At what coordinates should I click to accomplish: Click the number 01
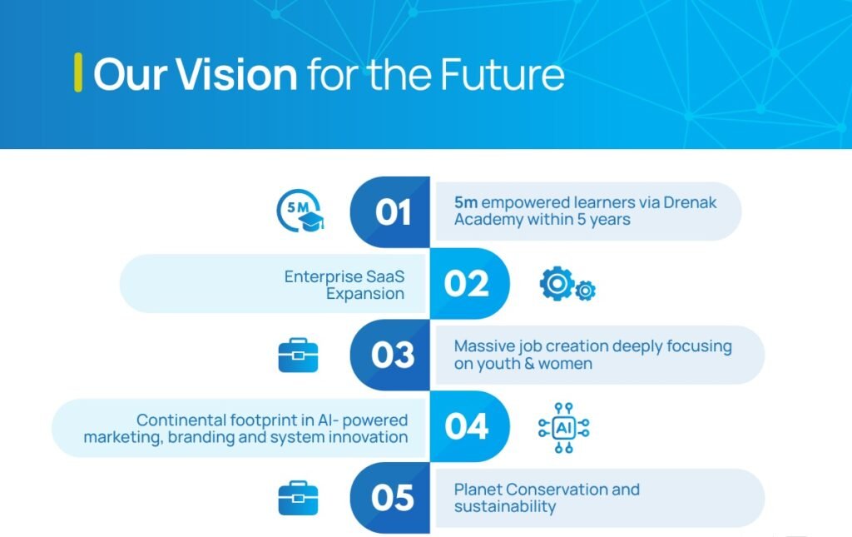(x=393, y=213)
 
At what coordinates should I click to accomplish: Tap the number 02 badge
(x=466, y=284)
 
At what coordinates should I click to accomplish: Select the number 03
(x=393, y=356)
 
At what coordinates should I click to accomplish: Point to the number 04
(x=466, y=427)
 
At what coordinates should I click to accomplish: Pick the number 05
(x=393, y=499)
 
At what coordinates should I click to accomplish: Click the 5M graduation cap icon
(x=300, y=212)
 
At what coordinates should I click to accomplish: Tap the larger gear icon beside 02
(x=556, y=283)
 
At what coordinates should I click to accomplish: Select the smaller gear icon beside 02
(x=586, y=291)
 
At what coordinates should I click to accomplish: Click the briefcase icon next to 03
(x=298, y=356)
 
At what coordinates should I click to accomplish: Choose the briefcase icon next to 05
(x=298, y=498)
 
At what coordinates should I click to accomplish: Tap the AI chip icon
(x=564, y=428)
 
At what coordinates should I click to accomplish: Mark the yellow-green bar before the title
(x=78, y=72)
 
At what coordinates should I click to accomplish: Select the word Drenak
(x=687, y=202)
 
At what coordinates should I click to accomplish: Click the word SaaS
(x=385, y=276)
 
